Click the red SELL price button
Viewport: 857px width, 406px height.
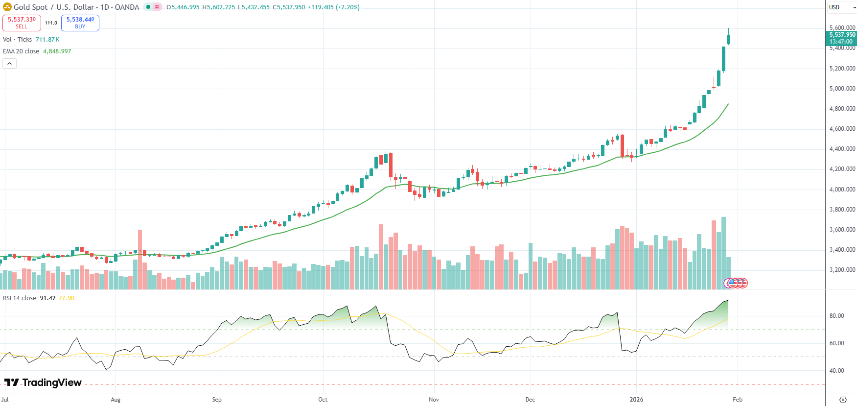click(22, 23)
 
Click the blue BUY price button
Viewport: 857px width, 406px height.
click(80, 23)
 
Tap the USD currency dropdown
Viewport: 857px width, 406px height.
click(841, 7)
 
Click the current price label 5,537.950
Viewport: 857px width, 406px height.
click(842, 35)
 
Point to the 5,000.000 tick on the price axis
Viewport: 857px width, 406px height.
click(842, 89)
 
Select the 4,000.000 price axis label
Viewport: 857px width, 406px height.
click(842, 189)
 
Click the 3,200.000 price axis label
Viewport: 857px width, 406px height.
click(842, 270)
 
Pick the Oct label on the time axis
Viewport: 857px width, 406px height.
click(323, 400)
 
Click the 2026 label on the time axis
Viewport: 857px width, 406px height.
click(636, 400)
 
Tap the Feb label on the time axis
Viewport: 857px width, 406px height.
click(738, 400)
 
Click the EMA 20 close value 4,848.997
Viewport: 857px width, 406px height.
click(57, 51)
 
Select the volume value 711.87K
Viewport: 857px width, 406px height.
click(47, 40)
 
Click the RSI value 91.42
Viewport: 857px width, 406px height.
click(47, 298)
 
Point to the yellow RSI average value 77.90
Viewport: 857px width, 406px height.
click(67, 298)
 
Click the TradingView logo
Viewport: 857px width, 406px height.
click(43, 382)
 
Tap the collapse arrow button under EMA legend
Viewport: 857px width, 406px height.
click(9, 63)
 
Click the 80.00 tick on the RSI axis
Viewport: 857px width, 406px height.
click(836, 316)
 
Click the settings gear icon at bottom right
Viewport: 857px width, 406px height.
click(843, 400)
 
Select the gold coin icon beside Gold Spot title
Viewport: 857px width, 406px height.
click(7, 7)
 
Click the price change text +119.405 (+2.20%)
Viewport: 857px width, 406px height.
click(333, 7)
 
